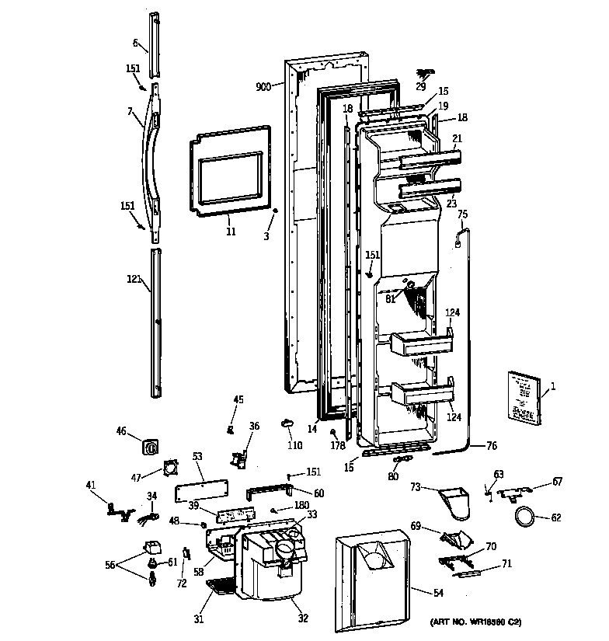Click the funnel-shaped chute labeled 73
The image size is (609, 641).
tap(455, 501)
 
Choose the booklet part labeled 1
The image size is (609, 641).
tap(524, 395)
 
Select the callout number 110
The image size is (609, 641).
tap(294, 447)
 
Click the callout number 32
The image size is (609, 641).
tap(302, 618)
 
